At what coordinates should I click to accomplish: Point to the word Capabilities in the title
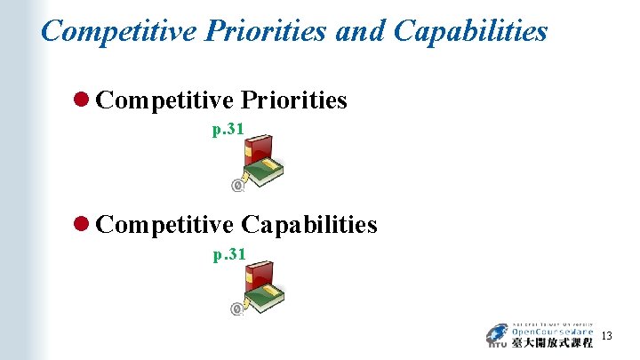pyautogui.click(x=470, y=32)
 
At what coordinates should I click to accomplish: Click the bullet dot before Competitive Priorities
pyautogui.click(x=84, y=100)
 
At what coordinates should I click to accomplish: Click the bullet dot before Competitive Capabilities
pyautogui.click(x=84, y=225)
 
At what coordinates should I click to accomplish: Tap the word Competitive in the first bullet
pyautogui.click(x=164, y=100)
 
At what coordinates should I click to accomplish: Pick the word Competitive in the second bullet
pyautogui.click(x=164, y=225)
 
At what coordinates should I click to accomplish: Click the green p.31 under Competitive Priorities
pyautogui.click(x=228, y=130)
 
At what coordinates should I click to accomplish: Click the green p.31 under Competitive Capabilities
pyautogui.click(x=228, y=255)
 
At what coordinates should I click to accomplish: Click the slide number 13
pyautogui.click(x=607, y=336)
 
